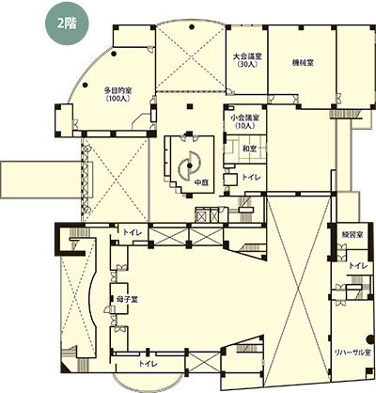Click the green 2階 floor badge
click(67, 24)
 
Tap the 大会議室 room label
click(247, 56)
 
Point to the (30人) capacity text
click(247, 64)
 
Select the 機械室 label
click(303, 62)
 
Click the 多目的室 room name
click(117, 91)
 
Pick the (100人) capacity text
click(117, 99)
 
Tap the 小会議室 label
click(244, 118)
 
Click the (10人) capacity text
click(244, 126)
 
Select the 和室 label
click(250, 149)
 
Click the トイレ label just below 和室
click(251, 178)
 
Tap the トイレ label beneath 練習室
click(358, 266)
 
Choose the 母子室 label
click(128, 299)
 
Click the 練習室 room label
click(352, 234)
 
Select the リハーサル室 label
click(352, 353)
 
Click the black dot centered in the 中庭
click(189, 165)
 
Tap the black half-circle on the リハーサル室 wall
click(369, 338)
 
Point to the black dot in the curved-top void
click(191, 26)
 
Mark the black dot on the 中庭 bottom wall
click(189, 196)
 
